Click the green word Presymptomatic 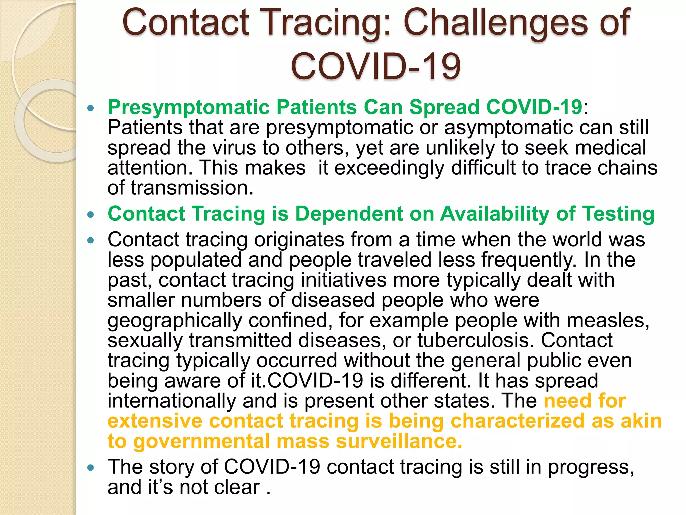tap(189, 107)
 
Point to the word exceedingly tap(389, 168)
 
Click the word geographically tap(174, 320)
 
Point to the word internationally tap(171, 401)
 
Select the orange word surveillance tap(399, 441)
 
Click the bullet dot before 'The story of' tap(90, 468)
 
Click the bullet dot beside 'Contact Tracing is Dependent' tap(90, 215)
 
